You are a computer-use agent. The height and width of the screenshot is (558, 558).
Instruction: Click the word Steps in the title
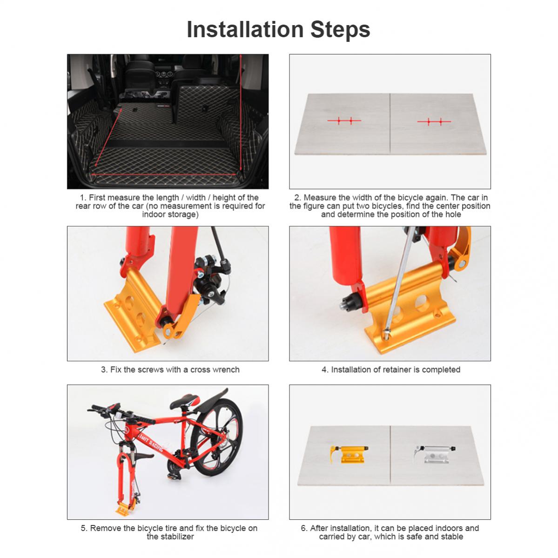[x=340, y=30]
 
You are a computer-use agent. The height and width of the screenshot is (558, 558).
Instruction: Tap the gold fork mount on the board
[x=349, y=454]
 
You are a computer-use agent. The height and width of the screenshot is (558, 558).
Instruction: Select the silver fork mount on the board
[x=434, y=454]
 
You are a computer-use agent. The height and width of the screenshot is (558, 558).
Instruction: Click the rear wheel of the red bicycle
[x=216, y=437]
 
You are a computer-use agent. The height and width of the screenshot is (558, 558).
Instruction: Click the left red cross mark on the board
[x=344, y=121]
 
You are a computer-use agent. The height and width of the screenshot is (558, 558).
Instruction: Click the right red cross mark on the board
[x=434, y=122]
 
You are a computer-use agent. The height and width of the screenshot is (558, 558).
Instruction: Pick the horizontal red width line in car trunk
[x=164, y=175]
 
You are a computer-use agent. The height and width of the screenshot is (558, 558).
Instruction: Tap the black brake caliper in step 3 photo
[x=209, y=281]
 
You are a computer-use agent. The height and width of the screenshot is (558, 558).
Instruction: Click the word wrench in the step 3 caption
[x=226, y=370]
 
